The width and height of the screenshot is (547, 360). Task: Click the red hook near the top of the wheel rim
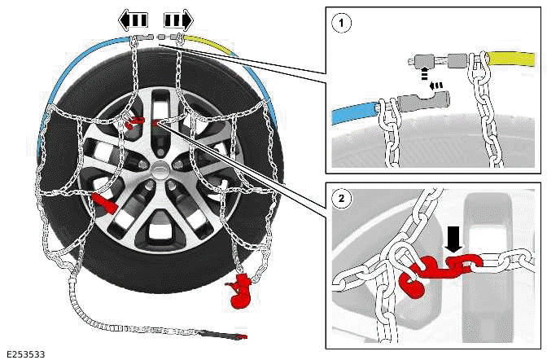click(135, 123)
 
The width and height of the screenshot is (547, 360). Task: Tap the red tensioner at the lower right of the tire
click(241, 292)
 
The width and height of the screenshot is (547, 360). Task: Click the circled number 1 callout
click(342, 24)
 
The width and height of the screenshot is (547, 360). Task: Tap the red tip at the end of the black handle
click(240, 336)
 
